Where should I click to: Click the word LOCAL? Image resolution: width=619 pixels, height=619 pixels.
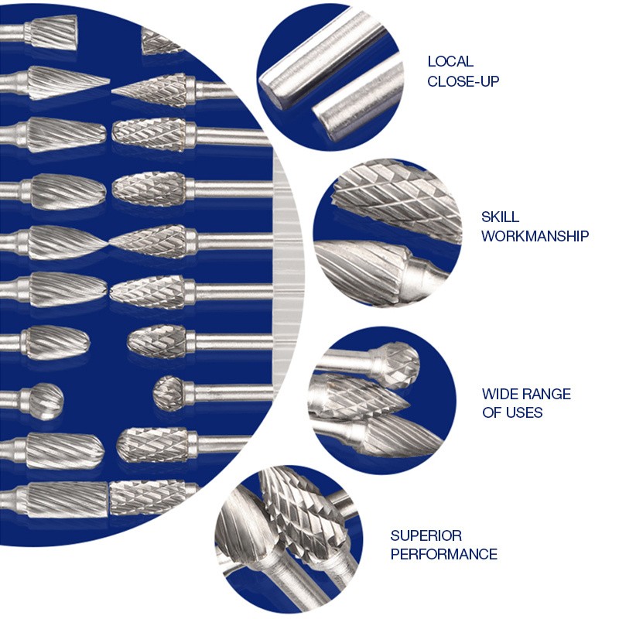pyautogui.click(x=450, y=62)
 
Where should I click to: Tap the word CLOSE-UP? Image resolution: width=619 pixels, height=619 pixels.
pyautogui.click(x=463, y=80)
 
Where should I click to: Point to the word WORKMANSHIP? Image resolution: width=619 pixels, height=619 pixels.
pyautogui.click(x=535, y=236)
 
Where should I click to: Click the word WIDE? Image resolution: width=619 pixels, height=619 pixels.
pyautogui.click(x=501, y=394)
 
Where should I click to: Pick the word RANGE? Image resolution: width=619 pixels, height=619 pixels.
pyautogui.click(x=547, y=394)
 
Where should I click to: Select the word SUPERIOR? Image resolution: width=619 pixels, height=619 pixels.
pyautogui.click(x=426, y=535)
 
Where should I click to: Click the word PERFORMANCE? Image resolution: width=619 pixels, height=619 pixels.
pyautogui.click(x=443, y=554)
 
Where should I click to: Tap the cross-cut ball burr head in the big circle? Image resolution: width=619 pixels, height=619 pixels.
pyautogui.click(x=171, y=392)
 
